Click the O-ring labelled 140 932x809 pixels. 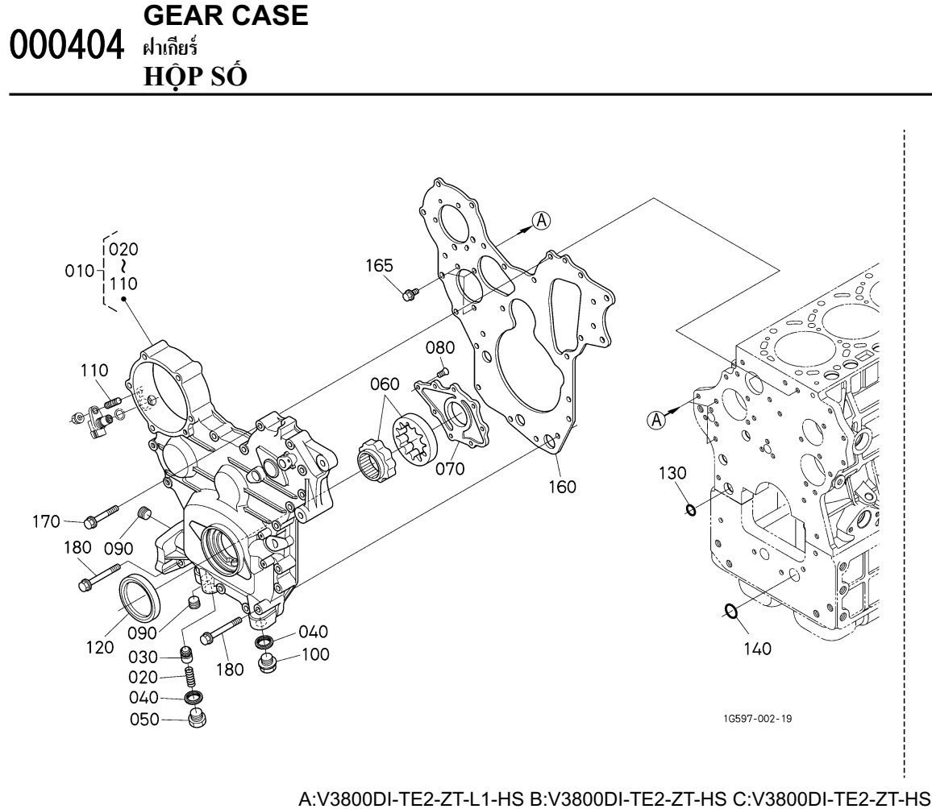[730, 612]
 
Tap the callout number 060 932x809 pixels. [385, 383]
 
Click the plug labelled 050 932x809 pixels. [194, 719]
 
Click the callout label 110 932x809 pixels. [103, 371]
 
